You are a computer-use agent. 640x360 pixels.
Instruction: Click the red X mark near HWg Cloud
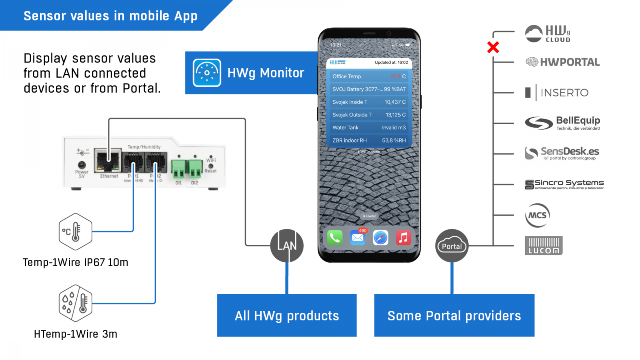point(493,47)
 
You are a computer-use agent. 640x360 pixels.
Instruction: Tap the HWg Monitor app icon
point(207,73)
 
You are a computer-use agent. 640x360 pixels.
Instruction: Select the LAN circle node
point(287,245)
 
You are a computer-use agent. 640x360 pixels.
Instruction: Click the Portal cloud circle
point(452,246)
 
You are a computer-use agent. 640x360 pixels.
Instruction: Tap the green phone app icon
point(335,238)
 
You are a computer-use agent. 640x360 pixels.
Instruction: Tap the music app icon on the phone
point(403,238)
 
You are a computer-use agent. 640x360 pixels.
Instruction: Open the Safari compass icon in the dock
point(380,238)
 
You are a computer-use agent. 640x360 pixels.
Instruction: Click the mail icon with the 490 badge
point(358,238)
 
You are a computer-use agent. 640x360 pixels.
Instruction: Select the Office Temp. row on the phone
point(369,76)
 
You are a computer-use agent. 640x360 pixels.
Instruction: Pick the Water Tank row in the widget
point(369,128)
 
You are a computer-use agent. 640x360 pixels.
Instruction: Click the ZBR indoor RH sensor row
point(369,140)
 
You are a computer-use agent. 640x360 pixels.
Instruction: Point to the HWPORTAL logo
point(562,62)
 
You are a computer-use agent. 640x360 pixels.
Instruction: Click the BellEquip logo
point(562,123)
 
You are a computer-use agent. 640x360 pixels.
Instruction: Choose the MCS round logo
point(537,215)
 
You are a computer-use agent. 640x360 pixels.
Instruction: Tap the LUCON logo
point(544,246)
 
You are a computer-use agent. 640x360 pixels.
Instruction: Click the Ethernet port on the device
point(108,161)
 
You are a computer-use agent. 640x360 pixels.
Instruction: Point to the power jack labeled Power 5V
point(82,165)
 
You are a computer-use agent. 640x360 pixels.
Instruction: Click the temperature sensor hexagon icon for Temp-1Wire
point(75,232)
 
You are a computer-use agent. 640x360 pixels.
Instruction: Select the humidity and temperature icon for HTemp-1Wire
point(75,303)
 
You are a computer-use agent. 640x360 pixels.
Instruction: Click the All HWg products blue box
point(287,316)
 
